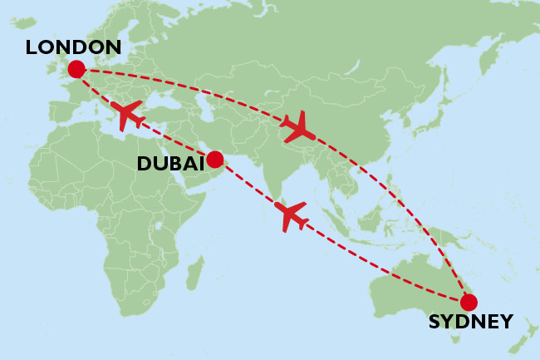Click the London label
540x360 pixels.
(x=73, y=47)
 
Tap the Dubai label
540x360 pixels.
(x=170, y=164)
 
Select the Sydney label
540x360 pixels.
(x=470, y=322)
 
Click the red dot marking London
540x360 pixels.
(x=76, y=69)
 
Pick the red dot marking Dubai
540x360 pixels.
(x=214, y=159)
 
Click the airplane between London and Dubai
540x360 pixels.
(x=130, y=115)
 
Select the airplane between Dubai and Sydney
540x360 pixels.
(x=292, y=215)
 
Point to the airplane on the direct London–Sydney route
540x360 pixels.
(x=299, y=126)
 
